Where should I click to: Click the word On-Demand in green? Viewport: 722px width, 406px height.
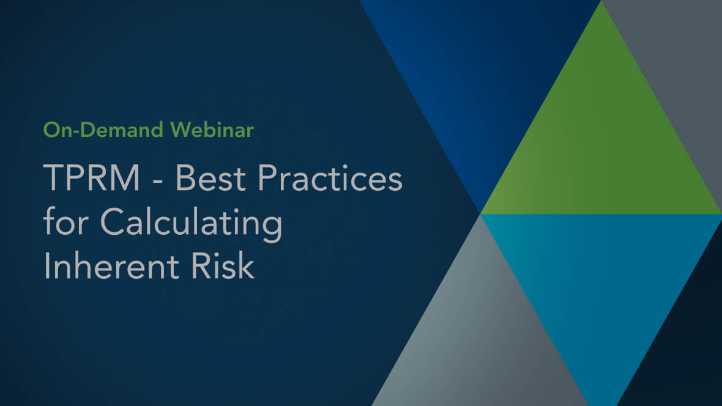(x=103, y=130)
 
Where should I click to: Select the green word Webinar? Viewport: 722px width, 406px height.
(x=212, y=130)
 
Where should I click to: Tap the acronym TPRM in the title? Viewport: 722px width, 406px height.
(x=92, y=178)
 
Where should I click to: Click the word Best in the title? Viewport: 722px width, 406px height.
(x=210, y=178)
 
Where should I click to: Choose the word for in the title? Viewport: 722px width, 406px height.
(x=65, y=221)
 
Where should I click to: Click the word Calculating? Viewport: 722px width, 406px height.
(x=191, y=223)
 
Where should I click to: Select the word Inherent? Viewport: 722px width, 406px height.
(x=111, y=266)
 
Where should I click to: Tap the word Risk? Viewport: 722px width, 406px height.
(x=222, y=266)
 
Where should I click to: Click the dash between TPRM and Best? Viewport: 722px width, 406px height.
(x=157, y=180)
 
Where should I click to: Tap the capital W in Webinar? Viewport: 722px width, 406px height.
(x=180, y=130)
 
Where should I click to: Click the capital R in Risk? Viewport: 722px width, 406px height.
(x=201, y=266)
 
